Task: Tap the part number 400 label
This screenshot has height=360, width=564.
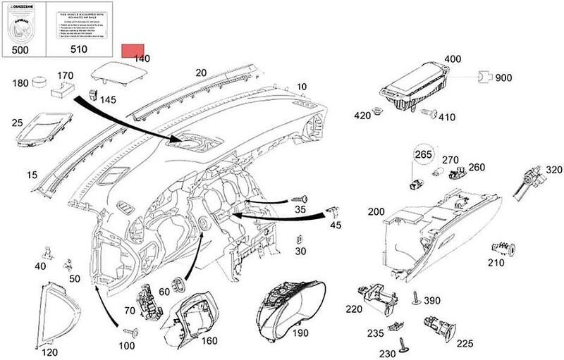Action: point(453,59)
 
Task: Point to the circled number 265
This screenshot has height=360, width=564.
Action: point(422,155)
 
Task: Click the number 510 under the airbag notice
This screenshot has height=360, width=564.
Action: point(79,50)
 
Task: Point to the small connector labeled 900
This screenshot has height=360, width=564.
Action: point(483,77)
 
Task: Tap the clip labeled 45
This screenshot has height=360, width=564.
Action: point(333,211)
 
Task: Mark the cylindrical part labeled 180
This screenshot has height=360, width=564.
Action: point(40,83)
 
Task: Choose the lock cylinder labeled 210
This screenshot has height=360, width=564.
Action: point(505,248)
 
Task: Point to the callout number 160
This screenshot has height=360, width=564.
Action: point(210,340)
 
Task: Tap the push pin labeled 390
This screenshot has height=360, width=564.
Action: point(416,299)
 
